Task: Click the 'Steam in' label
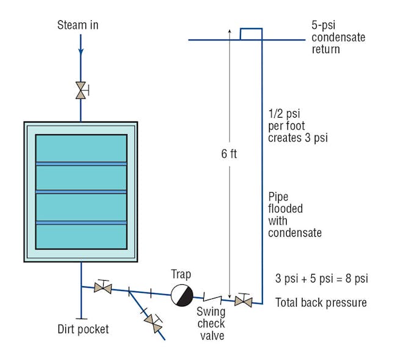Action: coord(77,25)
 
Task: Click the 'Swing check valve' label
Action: coord(211,323)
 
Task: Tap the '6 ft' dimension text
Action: coord(229,154)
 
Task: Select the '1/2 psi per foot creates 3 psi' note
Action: coord(298,126)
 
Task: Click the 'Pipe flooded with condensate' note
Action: coord(294,215)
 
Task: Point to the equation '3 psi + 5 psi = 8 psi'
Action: coord(322,279)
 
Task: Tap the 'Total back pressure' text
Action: coord(321,302)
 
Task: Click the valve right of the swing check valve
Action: coord(243,301)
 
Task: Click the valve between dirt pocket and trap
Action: coord(103,287)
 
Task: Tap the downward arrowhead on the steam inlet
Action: coord(81,53)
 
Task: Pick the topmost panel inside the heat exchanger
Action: coord(81,148)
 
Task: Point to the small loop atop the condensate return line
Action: coord(251,34)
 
